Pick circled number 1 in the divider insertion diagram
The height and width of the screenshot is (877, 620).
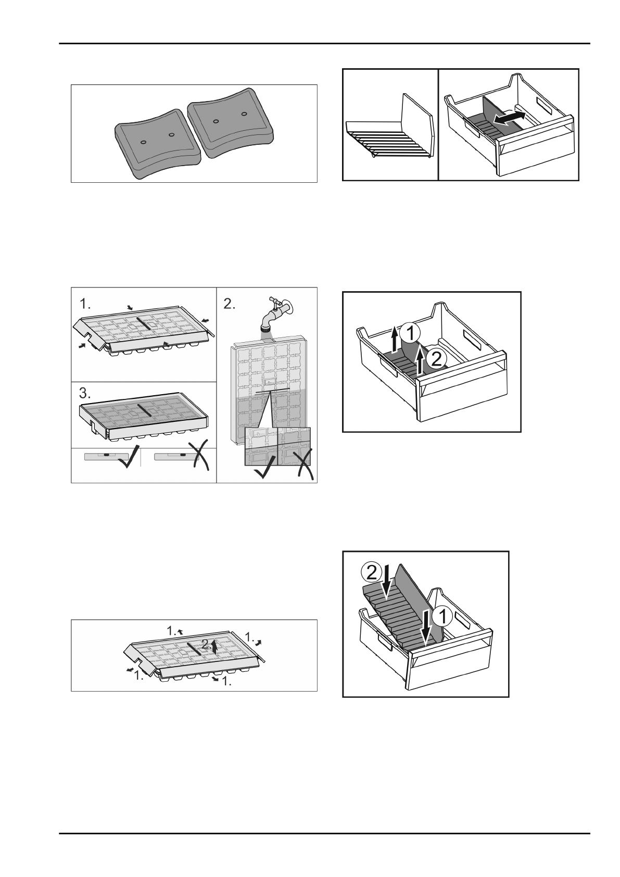(444, 618)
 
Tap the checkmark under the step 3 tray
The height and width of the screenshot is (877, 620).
(127, 459)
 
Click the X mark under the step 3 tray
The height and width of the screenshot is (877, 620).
(200, 458)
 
